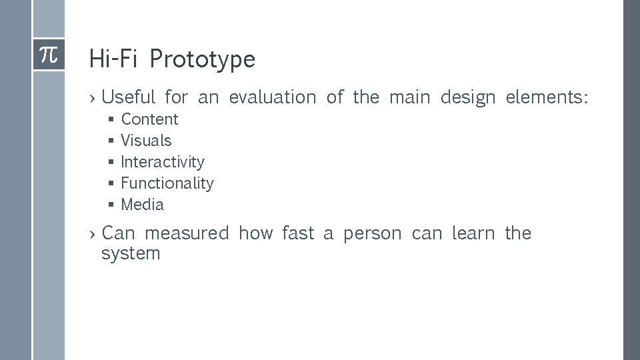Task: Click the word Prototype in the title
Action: [202, 59]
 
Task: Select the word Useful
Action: [128, 97]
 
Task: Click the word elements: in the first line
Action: [547, 97]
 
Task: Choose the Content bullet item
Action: [149, 119]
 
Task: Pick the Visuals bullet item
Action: [146, 141]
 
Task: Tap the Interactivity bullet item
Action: [163, 162]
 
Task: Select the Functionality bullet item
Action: [167, 183]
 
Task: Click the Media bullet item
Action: [142, 205]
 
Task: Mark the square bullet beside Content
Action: [111, 120]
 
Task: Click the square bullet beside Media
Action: [111, 205]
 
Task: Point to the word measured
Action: [186, 233]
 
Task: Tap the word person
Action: [372, 234]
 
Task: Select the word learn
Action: [473, 233]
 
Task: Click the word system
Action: [131, 254]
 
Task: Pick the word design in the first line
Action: [467, 98]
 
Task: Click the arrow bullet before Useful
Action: [93, 98]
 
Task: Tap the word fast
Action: [297, 233]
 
